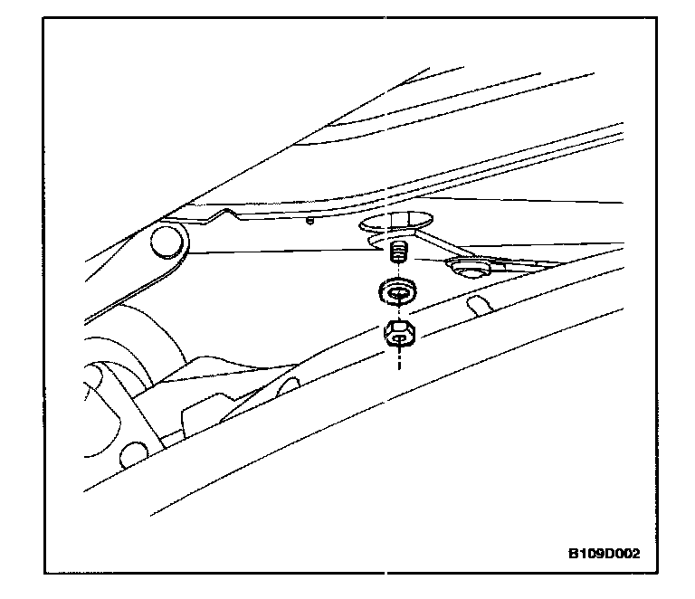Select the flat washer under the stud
pos(395,291)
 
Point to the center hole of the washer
pos(395,290)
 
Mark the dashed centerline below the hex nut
pos(395,360)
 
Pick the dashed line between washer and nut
pos(395,312)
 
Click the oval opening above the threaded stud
pos(397,221)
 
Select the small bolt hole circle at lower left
pos(133,452)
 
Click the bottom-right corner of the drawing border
pos(652,573)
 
